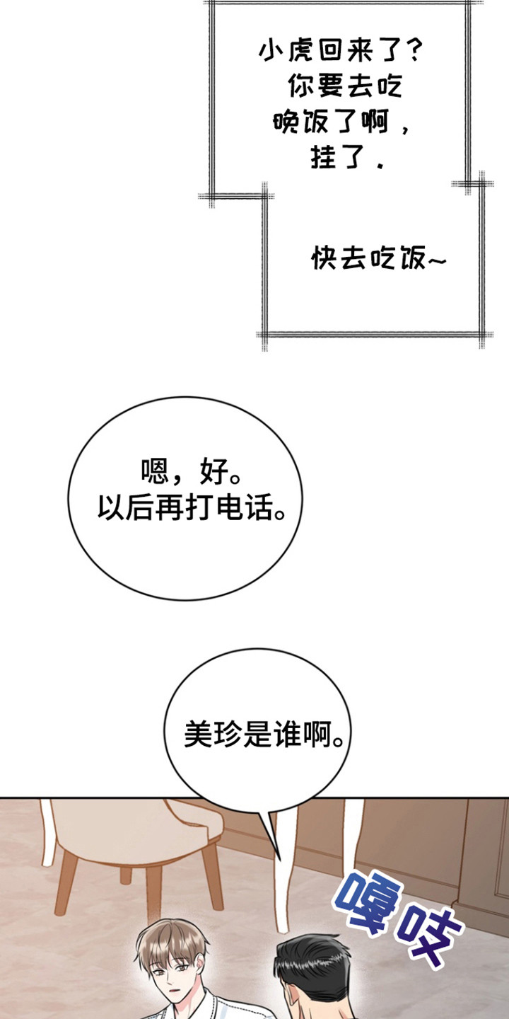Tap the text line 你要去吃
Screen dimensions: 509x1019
click(345, 86)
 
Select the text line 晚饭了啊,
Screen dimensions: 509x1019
click(342, 122)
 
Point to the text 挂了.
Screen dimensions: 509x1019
click(339, 157)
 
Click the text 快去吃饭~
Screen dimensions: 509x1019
click(379, 258)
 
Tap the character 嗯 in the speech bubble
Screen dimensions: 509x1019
click(155, 471)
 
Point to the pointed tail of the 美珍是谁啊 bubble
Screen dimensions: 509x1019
click(280, 859)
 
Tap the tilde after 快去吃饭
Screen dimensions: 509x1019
click(437, 260)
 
